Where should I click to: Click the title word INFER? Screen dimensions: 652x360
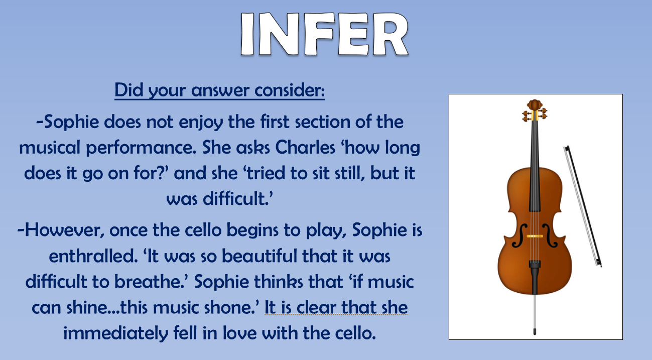tap(325, 34)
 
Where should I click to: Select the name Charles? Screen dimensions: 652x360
tap(305, 148)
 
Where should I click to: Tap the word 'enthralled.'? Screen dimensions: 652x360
tap(93, 256)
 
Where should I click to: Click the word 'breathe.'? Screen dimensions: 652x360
tap(152, 282)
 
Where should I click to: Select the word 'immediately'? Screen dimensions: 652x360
tap(116, 333)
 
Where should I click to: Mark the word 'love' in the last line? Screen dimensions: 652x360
tap(240, 333)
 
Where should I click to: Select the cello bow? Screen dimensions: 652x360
tap(583, 206)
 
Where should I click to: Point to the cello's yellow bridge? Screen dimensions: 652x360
tap(535, 236)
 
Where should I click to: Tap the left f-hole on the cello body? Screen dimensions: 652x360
tap(518, 236)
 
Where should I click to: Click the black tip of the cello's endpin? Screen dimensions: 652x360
tap(535, 331)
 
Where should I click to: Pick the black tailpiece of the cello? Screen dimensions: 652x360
tap(535, 277)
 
